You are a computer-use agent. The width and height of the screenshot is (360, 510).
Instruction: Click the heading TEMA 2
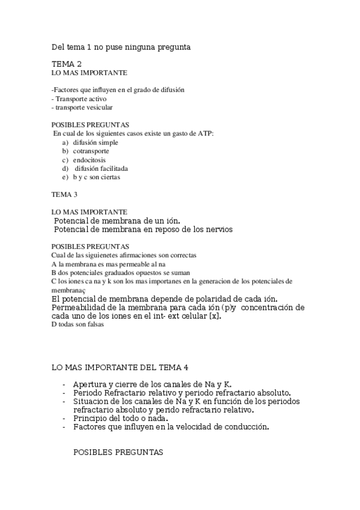coord(66,63)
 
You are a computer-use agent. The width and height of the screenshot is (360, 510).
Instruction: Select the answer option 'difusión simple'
coord(96,143)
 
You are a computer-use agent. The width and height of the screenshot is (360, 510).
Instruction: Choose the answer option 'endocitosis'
coord(90,161)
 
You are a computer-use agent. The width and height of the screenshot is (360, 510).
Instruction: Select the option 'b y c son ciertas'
coord(97,178)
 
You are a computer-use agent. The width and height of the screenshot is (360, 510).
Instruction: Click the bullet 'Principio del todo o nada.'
coord(120,418)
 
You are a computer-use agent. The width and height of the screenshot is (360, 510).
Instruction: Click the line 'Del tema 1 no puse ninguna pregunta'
coord(121,46)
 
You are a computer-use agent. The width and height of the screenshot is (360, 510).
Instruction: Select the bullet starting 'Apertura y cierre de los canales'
coord(152,384)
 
